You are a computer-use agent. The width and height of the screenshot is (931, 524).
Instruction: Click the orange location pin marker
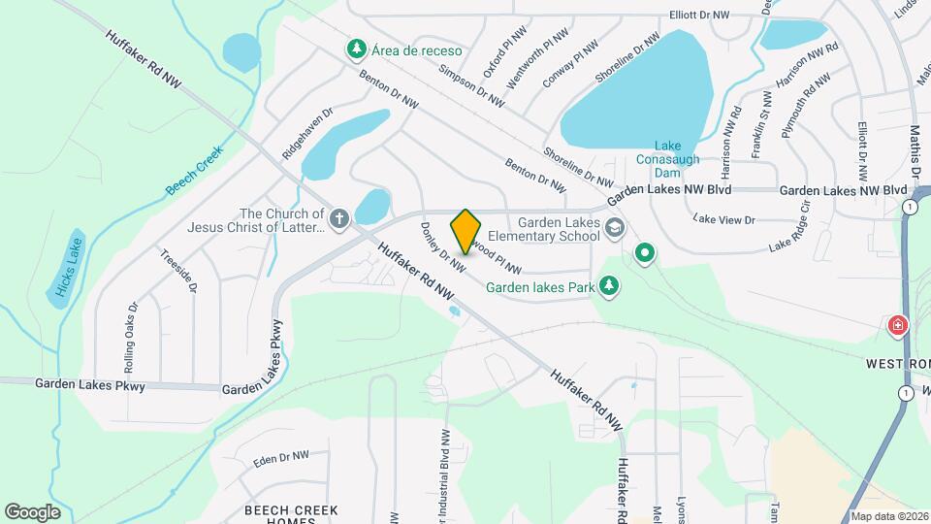coord(465,231)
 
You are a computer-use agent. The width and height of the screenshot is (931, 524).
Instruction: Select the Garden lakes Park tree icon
coord(608,285)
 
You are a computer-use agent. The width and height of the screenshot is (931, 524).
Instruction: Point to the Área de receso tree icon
coord(357,48)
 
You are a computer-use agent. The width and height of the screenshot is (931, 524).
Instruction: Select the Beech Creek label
coord(194,170)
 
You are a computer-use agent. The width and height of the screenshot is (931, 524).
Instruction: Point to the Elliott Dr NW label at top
coord(699,16)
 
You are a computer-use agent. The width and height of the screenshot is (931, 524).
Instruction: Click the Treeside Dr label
coord(179,273)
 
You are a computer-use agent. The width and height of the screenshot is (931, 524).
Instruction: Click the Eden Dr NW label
coord(280,456)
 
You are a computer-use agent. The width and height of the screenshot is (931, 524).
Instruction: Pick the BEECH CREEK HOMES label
coord(291,515)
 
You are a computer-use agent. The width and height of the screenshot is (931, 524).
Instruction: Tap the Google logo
coord(32,511)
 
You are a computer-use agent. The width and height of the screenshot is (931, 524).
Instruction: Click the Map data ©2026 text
coord(888,516)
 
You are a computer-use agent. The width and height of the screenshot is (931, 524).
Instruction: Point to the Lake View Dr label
coord(724,219)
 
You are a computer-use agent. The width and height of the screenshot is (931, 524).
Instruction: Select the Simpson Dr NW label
coord(472,85)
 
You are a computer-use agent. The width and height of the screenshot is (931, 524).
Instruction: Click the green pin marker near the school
coord(645,254)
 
